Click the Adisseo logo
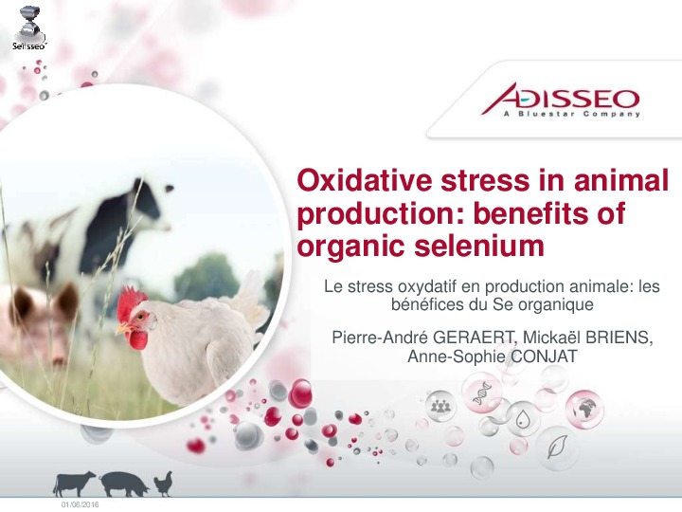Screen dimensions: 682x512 [x=560, y=101]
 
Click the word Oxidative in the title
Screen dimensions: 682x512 [x=364, y=180]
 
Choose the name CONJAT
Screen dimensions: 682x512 [x=544, y=357]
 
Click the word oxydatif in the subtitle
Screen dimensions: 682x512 [x=426, y=287]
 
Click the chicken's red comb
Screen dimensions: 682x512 [x=130, y=302]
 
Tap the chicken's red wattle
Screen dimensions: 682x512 [x=138, y=339]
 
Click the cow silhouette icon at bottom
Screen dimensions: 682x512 [x=74, y=484]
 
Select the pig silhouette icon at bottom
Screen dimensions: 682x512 [x=123, y=485]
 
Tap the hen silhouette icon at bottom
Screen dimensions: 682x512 [x=164, y=485]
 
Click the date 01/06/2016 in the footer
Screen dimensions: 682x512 [x=81, y=504]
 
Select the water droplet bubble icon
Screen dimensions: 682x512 [x=522, y=419]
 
